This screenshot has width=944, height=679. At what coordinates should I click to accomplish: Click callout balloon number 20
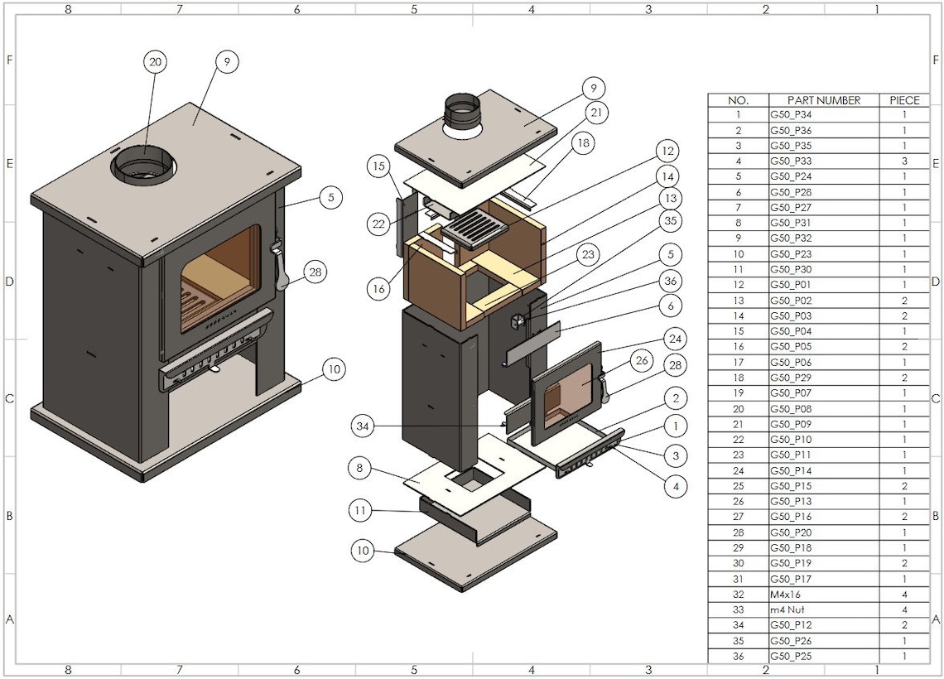[x=155, y=61]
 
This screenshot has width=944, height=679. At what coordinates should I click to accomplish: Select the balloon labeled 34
[x=362, y=426]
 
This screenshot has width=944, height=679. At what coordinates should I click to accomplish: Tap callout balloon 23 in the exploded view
[x=588, y=255]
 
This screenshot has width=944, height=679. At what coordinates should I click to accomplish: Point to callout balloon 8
[x=359, y=468]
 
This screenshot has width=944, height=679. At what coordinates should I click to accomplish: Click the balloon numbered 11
[x=359, y=511]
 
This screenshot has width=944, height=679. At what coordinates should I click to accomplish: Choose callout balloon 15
[x=378, y=166]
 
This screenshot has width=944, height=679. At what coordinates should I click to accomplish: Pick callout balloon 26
[x=641, y=360]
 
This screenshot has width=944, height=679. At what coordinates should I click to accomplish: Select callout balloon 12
[x=666, y=152]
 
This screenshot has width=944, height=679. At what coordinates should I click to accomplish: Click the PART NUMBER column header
[x=823, y=100]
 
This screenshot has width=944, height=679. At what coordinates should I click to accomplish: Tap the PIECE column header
[x=904, y=100]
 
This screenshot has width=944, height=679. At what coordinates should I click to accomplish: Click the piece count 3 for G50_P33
[x=904, y=161]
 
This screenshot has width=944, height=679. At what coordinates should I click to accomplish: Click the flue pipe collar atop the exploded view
[x=461, y=111]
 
